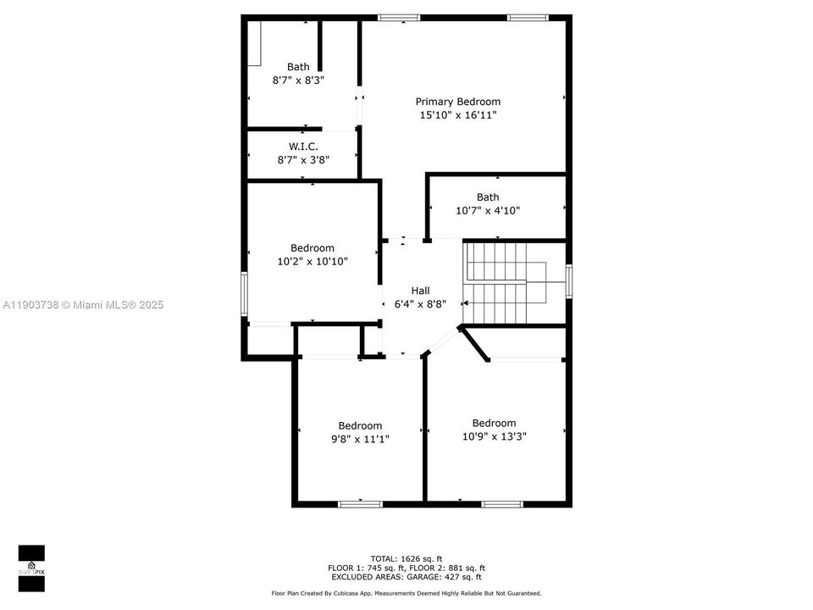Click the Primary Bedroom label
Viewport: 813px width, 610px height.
457,102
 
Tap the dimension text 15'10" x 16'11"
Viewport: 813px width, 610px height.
457,115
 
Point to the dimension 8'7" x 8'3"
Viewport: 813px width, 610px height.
298,80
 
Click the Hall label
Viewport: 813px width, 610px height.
420,290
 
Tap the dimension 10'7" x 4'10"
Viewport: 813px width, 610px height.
487,211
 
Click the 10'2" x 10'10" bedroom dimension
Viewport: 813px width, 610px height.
312,262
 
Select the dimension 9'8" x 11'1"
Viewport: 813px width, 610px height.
360,439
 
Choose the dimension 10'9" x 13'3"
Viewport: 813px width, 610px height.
494,437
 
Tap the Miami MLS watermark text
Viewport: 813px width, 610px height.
82,305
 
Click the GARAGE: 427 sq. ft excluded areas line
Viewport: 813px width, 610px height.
406,577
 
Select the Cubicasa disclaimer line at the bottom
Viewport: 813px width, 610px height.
406,594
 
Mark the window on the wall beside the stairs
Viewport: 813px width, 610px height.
569,282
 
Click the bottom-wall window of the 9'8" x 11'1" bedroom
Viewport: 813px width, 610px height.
360,504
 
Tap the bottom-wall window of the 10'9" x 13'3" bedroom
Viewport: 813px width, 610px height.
502,504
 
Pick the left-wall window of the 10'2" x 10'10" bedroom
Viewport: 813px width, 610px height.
245,294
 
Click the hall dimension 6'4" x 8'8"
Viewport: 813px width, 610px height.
420,303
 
